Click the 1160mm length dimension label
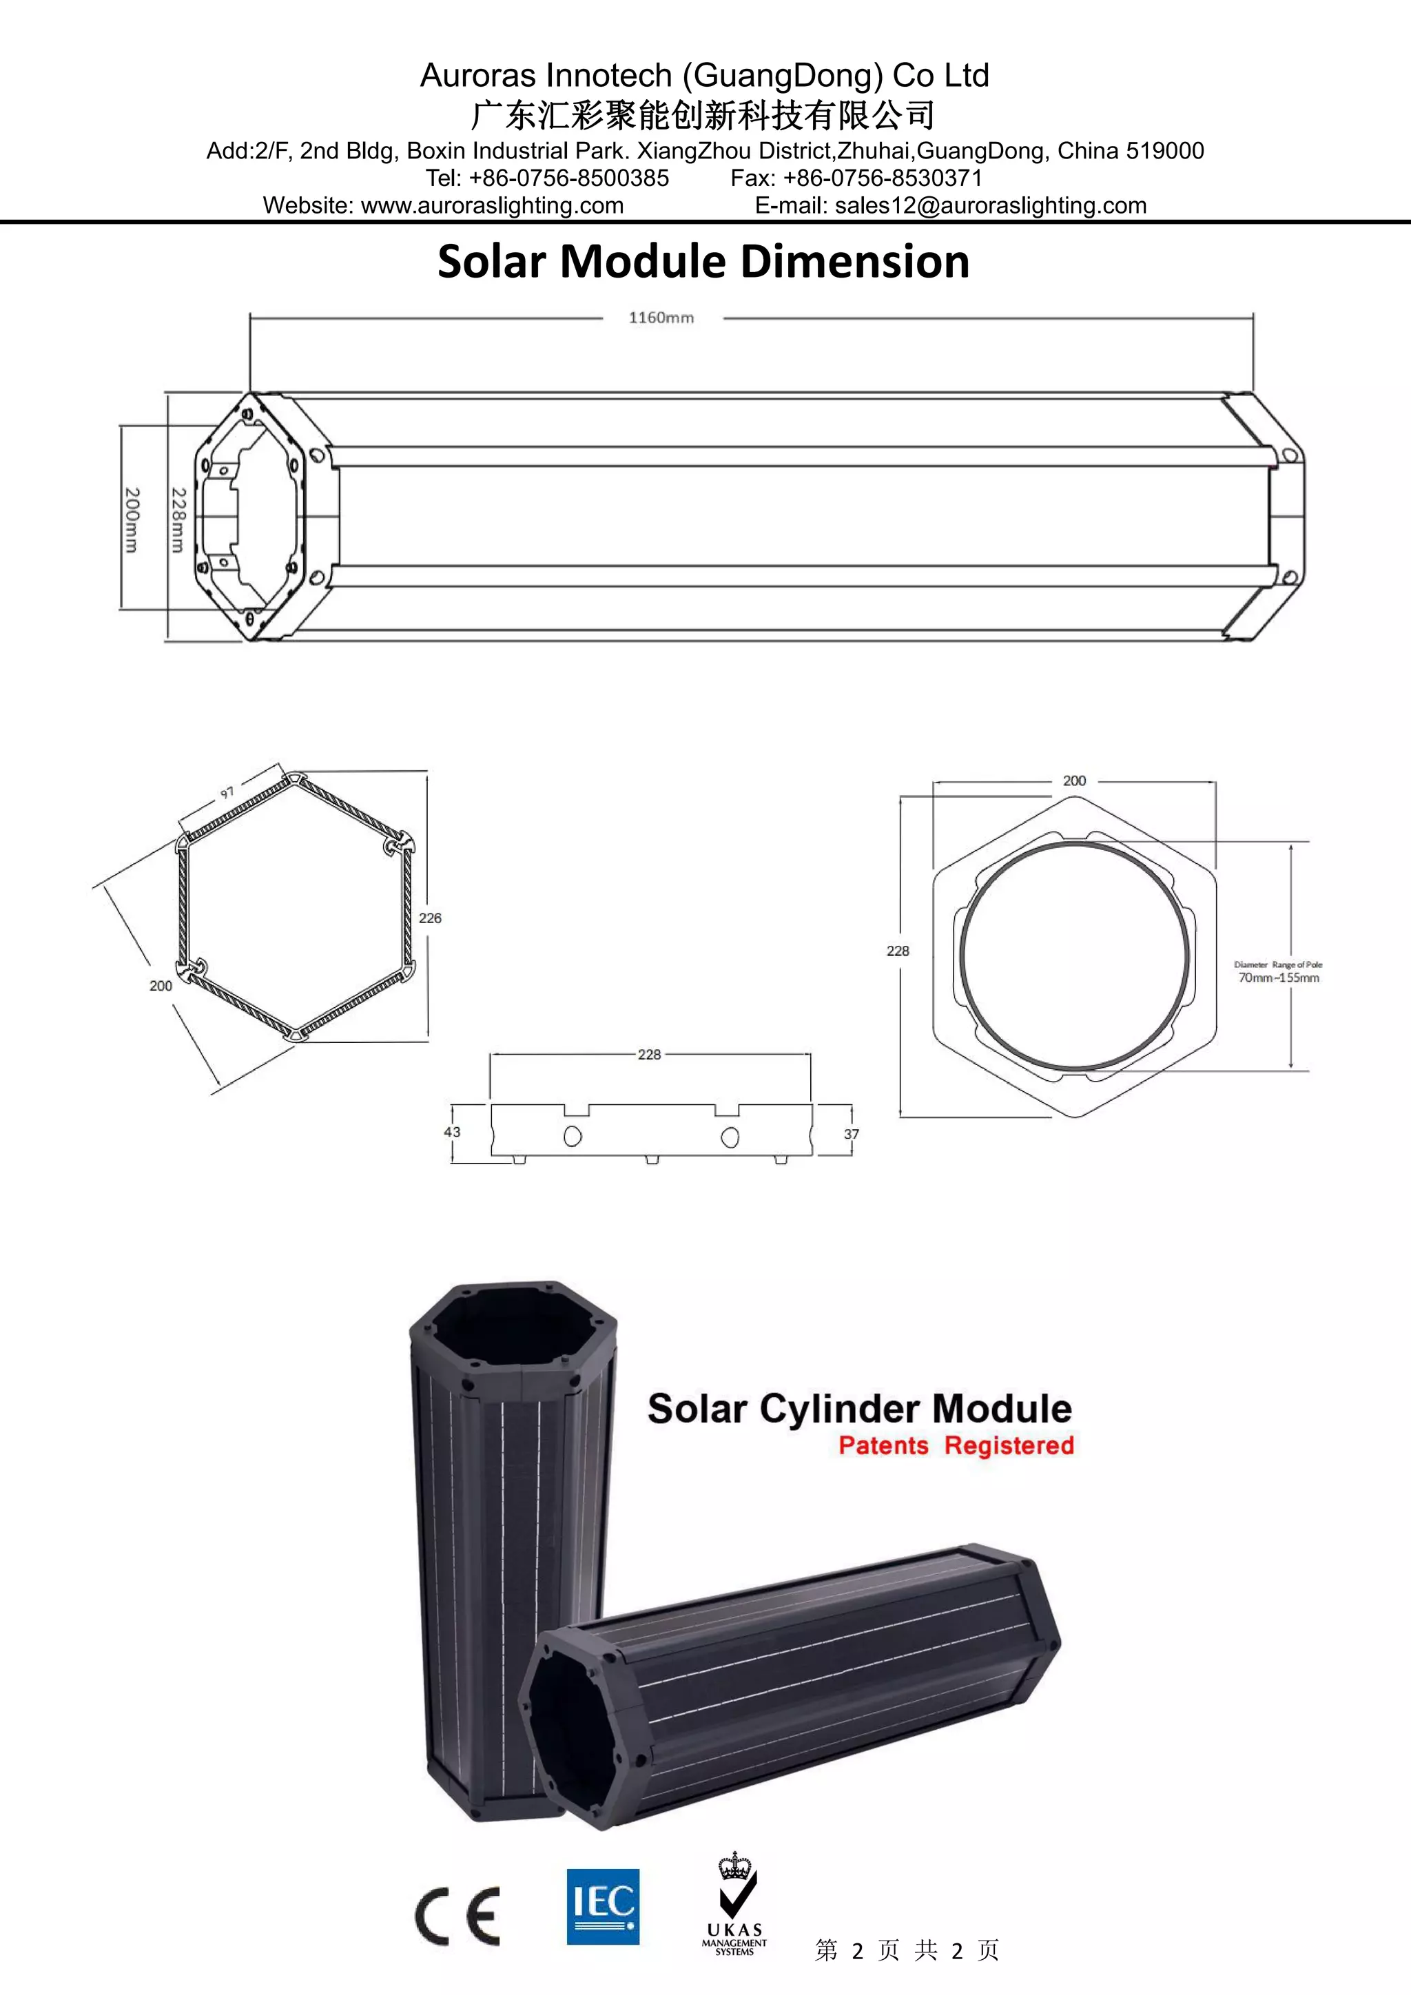point(661,318)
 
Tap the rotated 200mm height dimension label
point(131,519)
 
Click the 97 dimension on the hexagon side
point(227,792)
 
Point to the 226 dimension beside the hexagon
point(430,918)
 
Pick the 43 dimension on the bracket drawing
point(452,1131)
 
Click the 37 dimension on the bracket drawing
point(852,1134)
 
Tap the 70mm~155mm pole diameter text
point(1278,978)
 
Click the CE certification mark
point(458,1916)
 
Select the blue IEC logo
point(603,1906)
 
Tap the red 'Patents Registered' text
point(956,1445)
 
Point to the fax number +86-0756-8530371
point(882,178)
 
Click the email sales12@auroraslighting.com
point(991,205)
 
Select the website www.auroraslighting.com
point(492,205)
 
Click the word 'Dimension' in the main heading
point(855,262)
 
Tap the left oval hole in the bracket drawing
point(573,1136)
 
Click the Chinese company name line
point(703,114)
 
